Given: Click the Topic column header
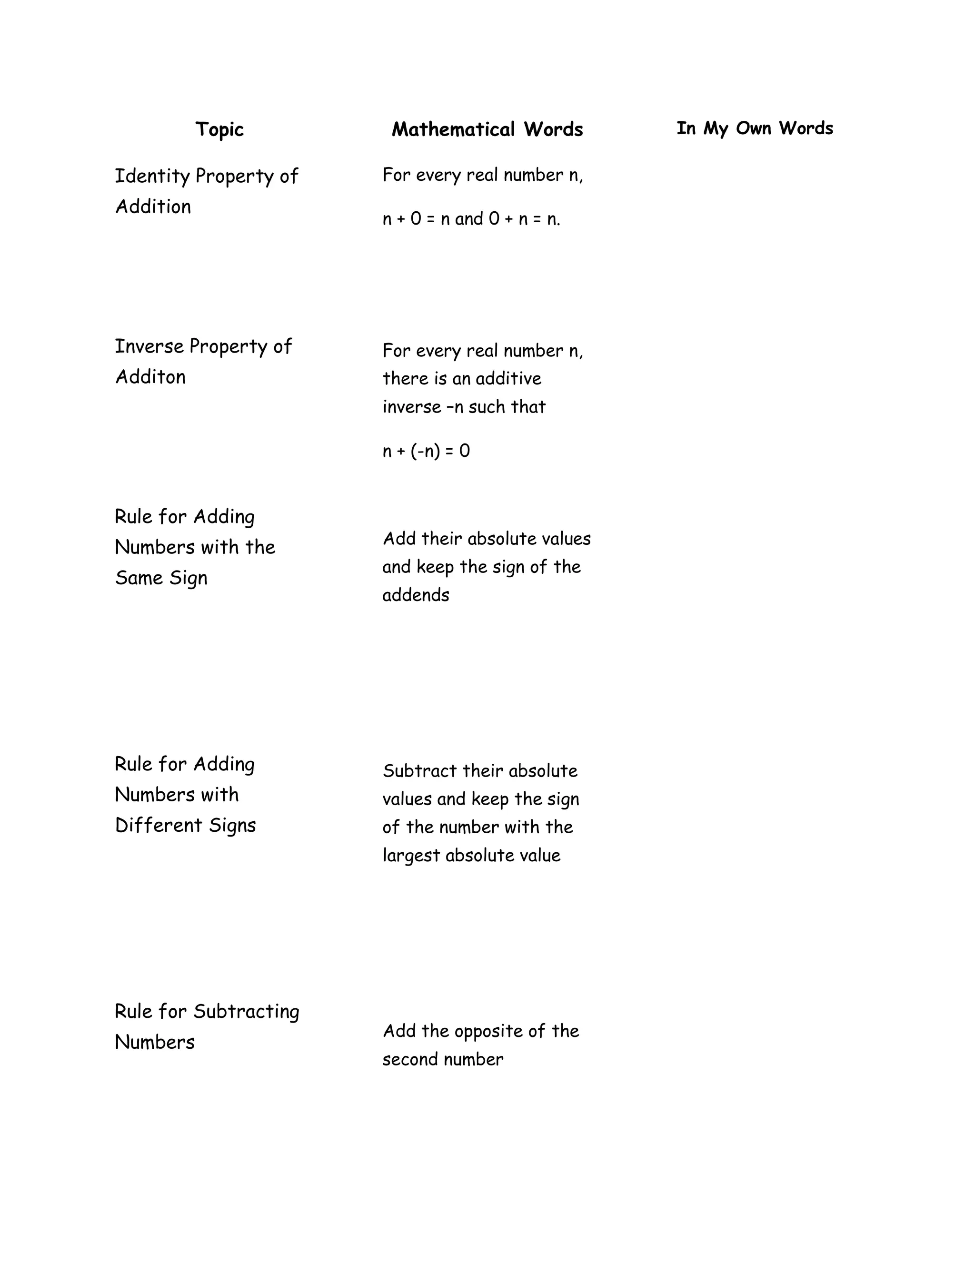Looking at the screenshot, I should pyautogui.click(x=219, y=129).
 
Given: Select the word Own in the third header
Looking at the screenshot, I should pyautogui.click(x=753, y=128).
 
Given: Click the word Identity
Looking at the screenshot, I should pyautogui.click(x=152, y=177).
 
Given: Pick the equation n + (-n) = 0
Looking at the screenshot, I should pyautogui.click(x=426, y=451).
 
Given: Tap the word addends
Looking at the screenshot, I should pyautogui.click(x=415, y=595).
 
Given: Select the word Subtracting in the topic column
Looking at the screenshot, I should pyautogui.click(x=246, y=1012).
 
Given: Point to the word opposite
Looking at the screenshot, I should pyautogui.click(x=492, y=1031).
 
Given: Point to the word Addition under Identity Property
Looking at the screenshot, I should pyautogui.click(x=153, y=207).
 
